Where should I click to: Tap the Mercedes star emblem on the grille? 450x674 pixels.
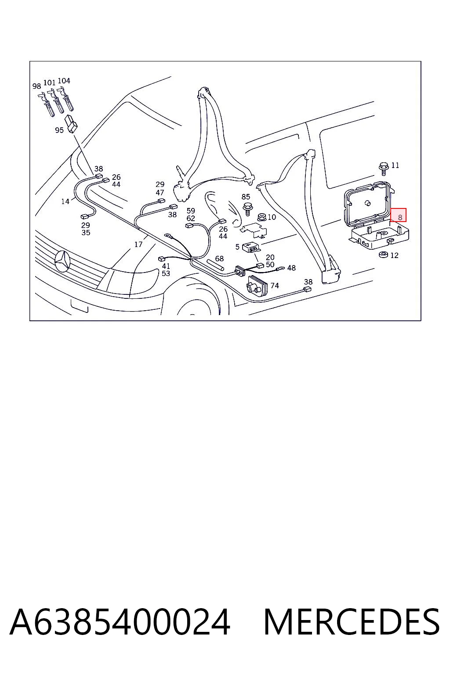[62, 261]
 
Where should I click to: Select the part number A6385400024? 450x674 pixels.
[120, 621]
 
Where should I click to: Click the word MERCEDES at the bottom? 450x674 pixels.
[352, 621]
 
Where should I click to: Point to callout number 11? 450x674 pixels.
[395, 165]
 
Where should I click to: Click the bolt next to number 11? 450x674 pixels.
[383, 169]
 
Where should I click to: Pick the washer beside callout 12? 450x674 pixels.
[383, 255]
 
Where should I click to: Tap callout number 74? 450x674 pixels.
[275, 285]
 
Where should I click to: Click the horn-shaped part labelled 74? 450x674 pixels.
[257, 286]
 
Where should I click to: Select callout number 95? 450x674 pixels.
[59, 130]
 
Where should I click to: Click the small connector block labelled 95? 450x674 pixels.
[72, 123]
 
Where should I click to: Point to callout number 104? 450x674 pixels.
[64, 81]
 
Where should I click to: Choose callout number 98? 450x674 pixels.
[36, 86]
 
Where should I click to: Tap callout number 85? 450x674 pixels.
[246, 197]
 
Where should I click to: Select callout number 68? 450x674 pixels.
[219, 258]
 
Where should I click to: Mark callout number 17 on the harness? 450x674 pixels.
[138, 244]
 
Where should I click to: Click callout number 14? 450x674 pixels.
[65, 201]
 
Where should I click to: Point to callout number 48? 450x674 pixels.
[291, 268]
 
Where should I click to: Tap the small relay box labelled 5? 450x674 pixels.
[251, 247]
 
